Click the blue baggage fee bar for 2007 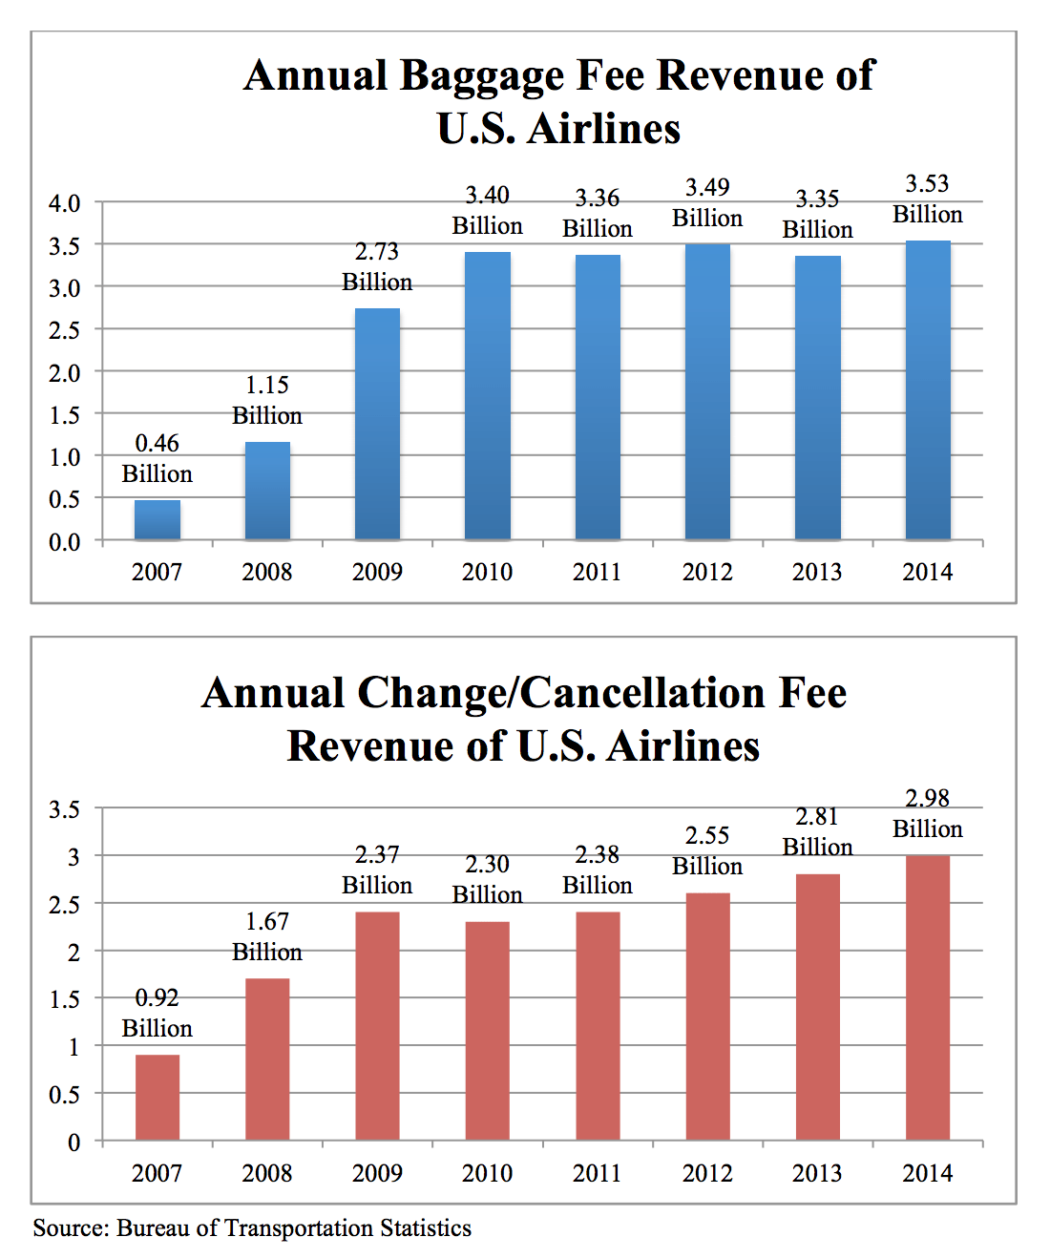pyautogui.click(x=157, y=520)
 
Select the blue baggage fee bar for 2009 pyautogui.click(x=377, y=425)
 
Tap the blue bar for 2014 pyautogui.click(x=928, y=391)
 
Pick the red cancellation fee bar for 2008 pyautogui.click(x=267, y=1059)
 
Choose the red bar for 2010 pyautogui.click(x=487, y=1031)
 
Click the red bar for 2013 pyautogui.click(x=817, y=1007)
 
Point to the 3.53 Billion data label pyautogui.click(x=928, y=199)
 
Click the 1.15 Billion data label pyautogui.click(x=267, y=400)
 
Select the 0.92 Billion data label pyautogui.click(x=157, y=1013)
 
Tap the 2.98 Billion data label pyautogui.click(x=928, y=813)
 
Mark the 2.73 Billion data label pyautogui.click(x=377, y=266)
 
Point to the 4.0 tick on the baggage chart pyautogui.click(x=65, y=203)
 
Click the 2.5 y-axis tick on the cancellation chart pyautogui.click(x=65, y=905)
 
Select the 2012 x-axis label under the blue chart pyautogui.click(x=707, y=572)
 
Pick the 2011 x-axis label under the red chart pyautogui.click(x=597, y=1173)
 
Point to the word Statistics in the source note pyautogui.click(x=425, y=1228)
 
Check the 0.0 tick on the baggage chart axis pyautogui.click(x=65, y=542)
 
